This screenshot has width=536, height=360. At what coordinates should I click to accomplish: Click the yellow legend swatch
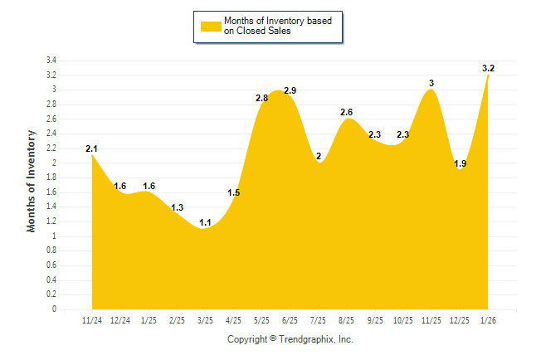(x=211, y=26)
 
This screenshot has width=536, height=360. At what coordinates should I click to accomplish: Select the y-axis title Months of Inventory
(x=32, y=180)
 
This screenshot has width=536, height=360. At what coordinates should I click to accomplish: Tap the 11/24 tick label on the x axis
(x=92, y=321)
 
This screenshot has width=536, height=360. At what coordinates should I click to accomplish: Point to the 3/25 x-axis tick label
(x=205, y=321)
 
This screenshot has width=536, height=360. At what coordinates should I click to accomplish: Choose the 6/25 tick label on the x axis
(x=290, y=321)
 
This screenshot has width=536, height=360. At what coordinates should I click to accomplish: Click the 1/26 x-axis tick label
(x=489, y=321)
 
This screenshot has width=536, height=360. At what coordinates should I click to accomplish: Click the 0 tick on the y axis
(x=54, y=309)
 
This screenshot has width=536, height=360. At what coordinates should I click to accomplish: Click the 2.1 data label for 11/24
(x=91, y=149)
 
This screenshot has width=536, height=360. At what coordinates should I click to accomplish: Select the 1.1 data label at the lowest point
(x=205, y=222)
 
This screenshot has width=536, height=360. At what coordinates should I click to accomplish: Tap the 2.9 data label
(x=290, y=90)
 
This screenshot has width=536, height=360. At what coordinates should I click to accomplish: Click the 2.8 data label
(x=261, y=98)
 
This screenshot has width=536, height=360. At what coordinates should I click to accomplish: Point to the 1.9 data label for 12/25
(x=460, y=163)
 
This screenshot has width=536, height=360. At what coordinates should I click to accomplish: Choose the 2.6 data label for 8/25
(x=347, y=112)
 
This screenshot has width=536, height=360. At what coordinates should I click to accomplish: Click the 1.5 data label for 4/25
(x=233, y=193)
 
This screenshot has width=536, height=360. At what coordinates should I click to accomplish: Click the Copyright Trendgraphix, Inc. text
(x=290, y=339)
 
